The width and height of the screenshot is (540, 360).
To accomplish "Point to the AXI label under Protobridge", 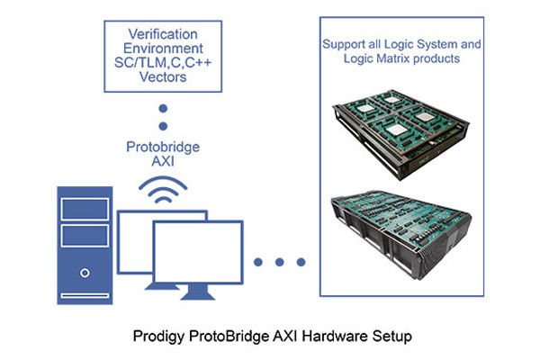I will pos(163,163).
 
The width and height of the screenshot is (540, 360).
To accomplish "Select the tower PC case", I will pos(83,247).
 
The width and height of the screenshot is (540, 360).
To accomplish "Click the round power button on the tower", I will pos(83,271).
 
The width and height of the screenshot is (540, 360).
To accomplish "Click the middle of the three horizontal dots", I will pos(280,262).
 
